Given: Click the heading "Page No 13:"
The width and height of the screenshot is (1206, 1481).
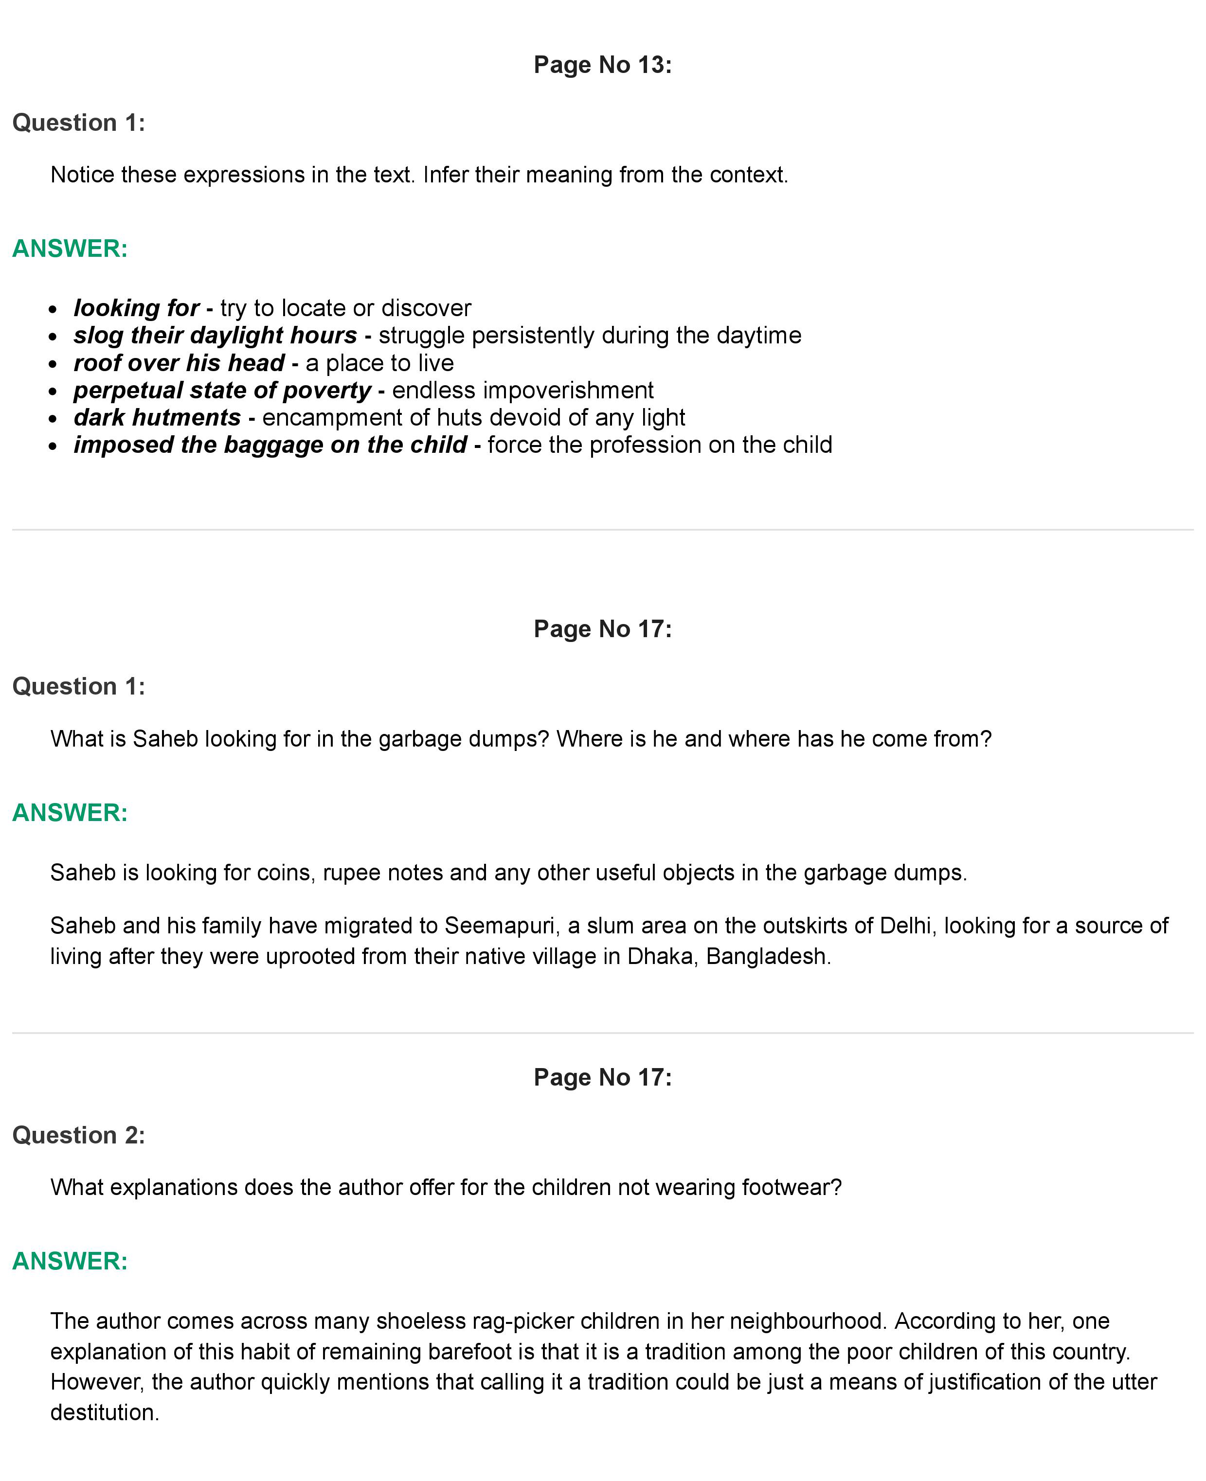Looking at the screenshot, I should click(602, 65).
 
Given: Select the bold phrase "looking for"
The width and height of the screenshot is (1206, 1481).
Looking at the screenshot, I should click(136, 308).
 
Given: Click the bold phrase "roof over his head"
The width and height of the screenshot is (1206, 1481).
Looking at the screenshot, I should click(179, 363).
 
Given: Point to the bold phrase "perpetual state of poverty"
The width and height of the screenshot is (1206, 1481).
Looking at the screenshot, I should click(222, 391).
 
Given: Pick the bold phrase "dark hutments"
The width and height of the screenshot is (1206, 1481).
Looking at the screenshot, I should click(157, 417).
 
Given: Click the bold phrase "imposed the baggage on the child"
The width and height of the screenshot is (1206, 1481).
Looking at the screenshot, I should click(270, 445).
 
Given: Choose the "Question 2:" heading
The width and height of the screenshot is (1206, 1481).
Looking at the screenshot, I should click(78, 1135).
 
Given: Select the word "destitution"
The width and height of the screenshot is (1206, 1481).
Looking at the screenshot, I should click(104, 1412).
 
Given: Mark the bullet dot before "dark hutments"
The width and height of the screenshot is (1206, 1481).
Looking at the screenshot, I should click(53, 419).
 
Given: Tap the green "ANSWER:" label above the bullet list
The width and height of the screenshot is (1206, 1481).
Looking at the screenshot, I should click(70, 248).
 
